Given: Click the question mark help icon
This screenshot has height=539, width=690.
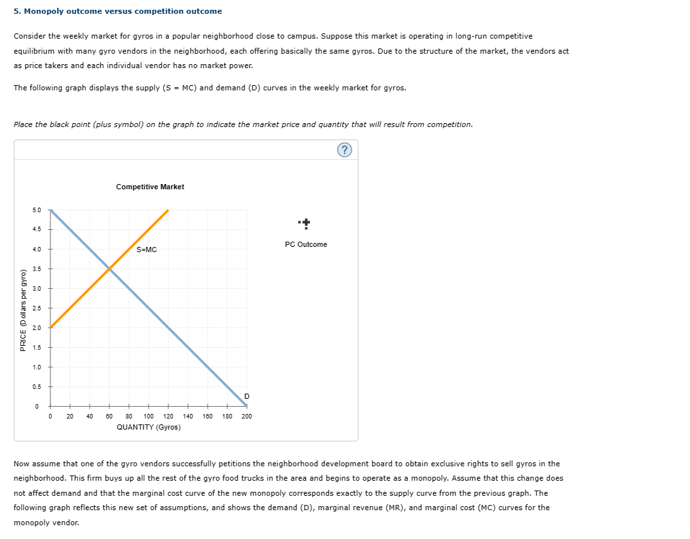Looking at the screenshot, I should pos(345,150).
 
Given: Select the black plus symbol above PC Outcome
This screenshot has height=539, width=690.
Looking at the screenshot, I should pos(305,223).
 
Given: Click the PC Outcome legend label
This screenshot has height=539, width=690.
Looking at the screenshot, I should pos(306,244).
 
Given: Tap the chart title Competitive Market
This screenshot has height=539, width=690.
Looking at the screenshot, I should pos(150,187).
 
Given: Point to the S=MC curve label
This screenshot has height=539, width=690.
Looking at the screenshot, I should pos(147,250).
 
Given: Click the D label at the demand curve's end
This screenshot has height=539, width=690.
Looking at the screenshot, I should pos(246,396).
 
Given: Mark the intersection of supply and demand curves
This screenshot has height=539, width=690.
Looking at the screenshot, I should pos(109,269).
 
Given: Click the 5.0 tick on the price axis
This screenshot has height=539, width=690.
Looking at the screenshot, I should pos(36,210).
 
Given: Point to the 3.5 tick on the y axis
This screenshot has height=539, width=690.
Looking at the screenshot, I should pos(36,269).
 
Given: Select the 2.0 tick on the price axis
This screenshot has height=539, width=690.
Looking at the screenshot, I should pos(36,327).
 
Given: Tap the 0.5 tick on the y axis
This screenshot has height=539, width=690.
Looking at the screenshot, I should pos(36,386).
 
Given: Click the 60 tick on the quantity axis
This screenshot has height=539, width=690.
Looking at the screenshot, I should pos(109,416).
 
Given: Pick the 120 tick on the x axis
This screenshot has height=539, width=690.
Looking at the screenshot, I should pos(168,416).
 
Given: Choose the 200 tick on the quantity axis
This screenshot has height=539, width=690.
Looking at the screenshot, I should pos(246,416).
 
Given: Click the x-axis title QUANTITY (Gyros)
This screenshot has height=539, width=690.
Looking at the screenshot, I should pos(149,427).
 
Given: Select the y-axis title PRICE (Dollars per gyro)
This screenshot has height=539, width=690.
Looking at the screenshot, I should pos(24,310).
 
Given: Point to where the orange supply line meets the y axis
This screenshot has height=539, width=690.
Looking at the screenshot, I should pos(51,327).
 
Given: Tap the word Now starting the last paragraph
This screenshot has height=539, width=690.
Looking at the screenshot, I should pos(22,464).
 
